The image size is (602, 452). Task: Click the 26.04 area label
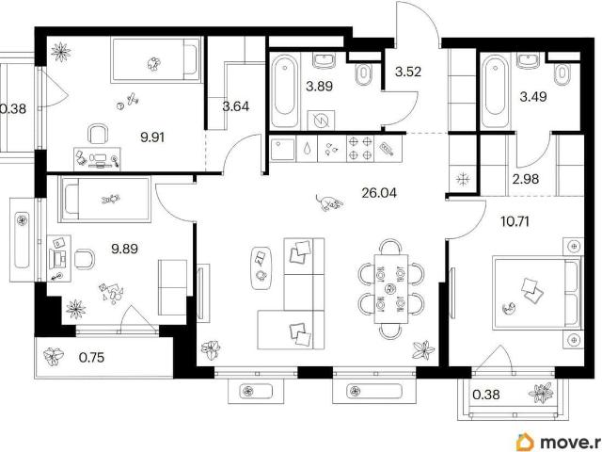pos(379,193)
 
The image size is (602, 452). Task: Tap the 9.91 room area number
pos(152,137)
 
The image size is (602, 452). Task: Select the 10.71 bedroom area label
pos(515,221)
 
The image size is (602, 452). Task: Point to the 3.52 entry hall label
pos(407,72)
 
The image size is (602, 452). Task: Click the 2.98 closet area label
pos(526,179)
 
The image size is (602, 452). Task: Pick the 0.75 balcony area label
pos(91,358)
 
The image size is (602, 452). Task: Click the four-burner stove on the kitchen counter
pos(360,148)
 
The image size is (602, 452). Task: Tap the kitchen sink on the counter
pos(282,149)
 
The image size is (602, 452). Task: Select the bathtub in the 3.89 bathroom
pos(284,92)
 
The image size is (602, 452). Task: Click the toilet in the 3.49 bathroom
pos(562,74)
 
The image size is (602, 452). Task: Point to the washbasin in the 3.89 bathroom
pos(325,60)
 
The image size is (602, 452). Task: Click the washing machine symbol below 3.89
pos(321,121)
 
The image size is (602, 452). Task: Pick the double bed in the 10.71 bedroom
pos(536,294)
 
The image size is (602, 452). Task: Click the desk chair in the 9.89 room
pos(84,259)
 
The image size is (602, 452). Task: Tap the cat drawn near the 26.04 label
pos(328,202)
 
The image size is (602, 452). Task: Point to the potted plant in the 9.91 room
pos(61,51)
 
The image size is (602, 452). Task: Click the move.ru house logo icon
pos(525,443)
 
